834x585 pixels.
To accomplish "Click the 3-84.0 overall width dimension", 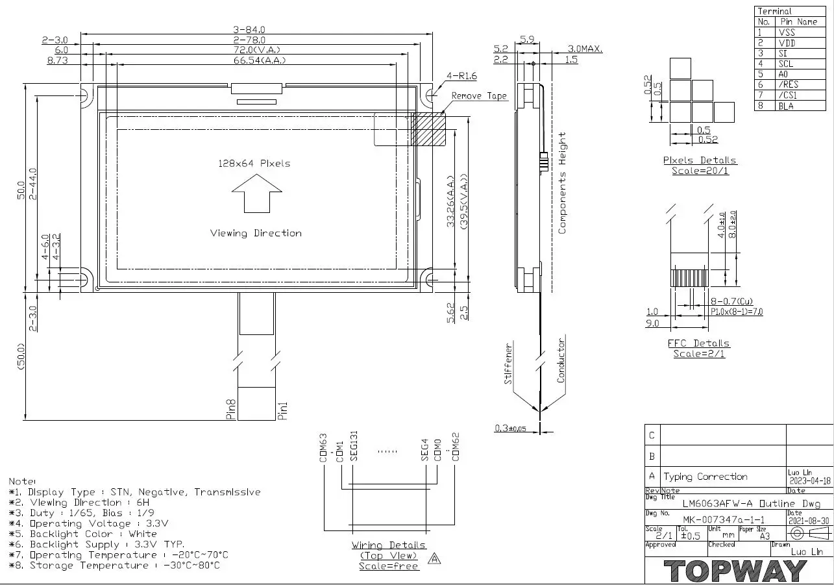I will pyautogui.click(x=250, y=29).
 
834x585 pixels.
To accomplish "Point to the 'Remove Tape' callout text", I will pyautogui.click(x=479, y=96).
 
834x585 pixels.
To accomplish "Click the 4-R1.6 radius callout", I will pyautogui.click(x=461, y=76).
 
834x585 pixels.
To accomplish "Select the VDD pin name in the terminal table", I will pyautogui.click(x=787, y=43).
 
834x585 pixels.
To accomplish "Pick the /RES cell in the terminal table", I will pyautogui.click(x=789, y=84).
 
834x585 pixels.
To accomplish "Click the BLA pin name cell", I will pyautogui.click(x=786, y=106).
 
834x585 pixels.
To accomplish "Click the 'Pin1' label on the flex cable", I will pyautogui.click(x=282, y=411).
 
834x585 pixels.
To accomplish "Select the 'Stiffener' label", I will pyautogui.click(x=509, y=364).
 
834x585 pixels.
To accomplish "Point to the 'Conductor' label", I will pyautogui.click(x=561, y=360).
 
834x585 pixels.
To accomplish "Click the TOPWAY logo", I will pyautogui.click(x=735, y=571).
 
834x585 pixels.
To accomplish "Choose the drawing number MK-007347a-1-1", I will pyautogui.click(x=723, y=520).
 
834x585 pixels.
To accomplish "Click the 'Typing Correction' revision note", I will pyautogui.click(x=705, y=477).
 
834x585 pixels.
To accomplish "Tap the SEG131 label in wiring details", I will pyautogui.click(x=354, y=445).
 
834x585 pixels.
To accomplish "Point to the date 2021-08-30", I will pyautogui.click(x=808, y=521).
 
